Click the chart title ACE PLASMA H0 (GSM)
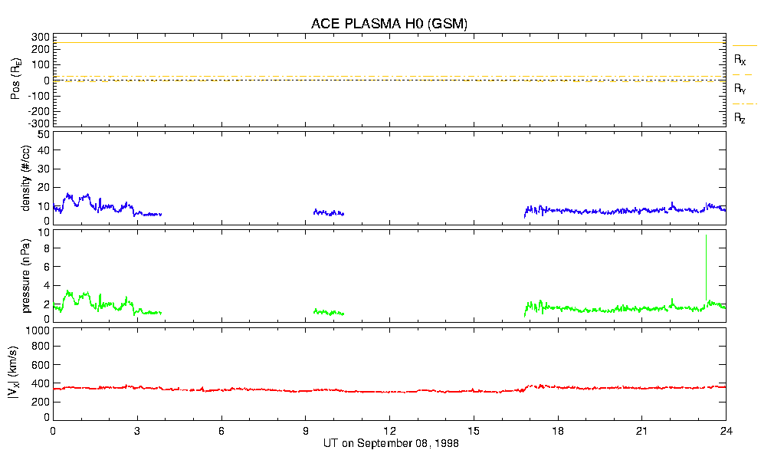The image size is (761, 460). click(x=389, y=24)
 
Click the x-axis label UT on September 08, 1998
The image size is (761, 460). click(x=389, y=443)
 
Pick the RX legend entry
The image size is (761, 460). click(x=740, y=58)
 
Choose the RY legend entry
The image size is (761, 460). click(x=740, y=88)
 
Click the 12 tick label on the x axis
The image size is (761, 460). click(x=389, y=431)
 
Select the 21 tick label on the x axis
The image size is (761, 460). click(x=642, y=431)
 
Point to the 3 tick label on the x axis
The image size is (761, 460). click(x=137, y=431)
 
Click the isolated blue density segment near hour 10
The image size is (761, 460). click(x=329, y=212)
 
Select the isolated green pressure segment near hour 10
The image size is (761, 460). click(x=329, y=312)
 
